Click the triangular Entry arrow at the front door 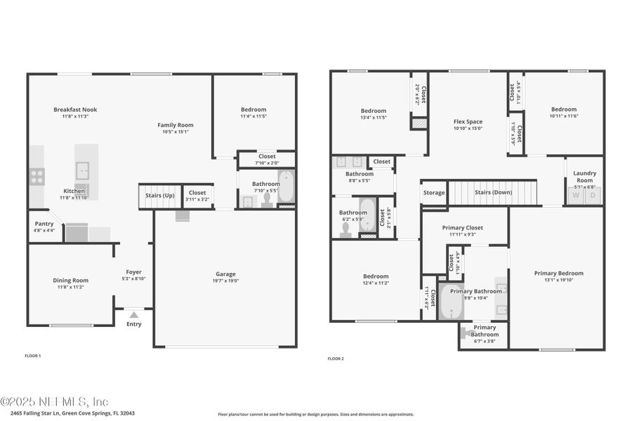tap(133, 315)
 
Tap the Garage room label tap(225, 274)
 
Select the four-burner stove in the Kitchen tap(37, 177)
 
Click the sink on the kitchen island tap(83, 169)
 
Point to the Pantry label tap(44, 224)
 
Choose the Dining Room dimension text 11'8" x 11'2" tap(71, 287)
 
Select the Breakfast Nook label tap(75, 109)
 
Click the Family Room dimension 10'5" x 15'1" tap(175, 131)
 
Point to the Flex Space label tap(468, 121)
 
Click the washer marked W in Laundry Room tap(576, 195)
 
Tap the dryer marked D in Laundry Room tap(593, 195)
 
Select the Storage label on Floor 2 tap(434, 192)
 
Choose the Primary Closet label tap(462, 227)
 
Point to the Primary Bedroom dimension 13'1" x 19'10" tap(558, 280)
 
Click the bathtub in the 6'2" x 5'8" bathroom tap(367, 215)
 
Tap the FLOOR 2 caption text tap(336, 359)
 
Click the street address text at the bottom tap(68, 413)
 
